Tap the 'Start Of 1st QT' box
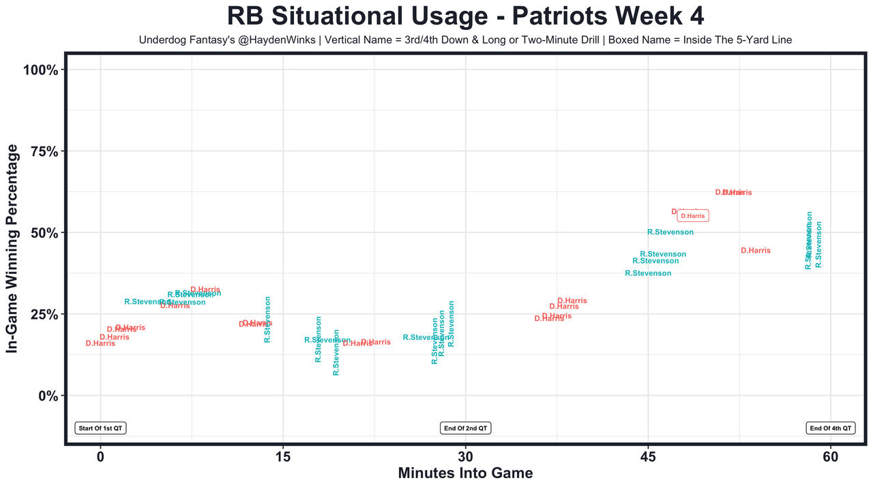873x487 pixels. [101, 428]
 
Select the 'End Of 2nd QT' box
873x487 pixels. [466, 428]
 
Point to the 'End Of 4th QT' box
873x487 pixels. [830, 428]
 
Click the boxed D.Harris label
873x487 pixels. [693, 216]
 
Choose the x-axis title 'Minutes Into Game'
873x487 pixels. [465, 473]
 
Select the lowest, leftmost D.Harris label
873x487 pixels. [100, 343]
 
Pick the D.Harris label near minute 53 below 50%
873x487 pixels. [756, 251]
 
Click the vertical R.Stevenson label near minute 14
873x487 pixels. [267, 319]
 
